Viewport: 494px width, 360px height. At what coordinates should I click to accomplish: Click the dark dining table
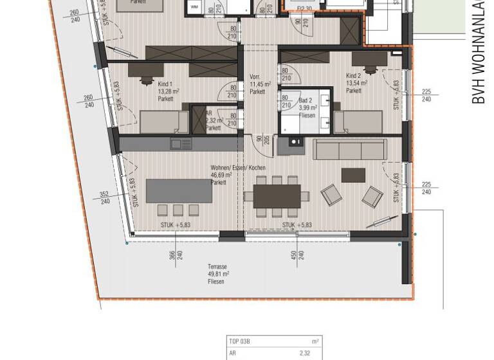[277, 196]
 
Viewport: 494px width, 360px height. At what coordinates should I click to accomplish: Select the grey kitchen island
[179, 191]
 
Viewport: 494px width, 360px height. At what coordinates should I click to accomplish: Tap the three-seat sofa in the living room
[349, 149]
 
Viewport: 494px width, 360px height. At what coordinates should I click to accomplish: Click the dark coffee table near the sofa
[353, 175]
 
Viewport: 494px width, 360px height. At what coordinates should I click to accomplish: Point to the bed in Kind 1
[164, 122]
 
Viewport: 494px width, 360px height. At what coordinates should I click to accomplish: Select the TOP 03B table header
[239, 341]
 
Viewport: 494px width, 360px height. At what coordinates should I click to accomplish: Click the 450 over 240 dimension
[294, 256]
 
